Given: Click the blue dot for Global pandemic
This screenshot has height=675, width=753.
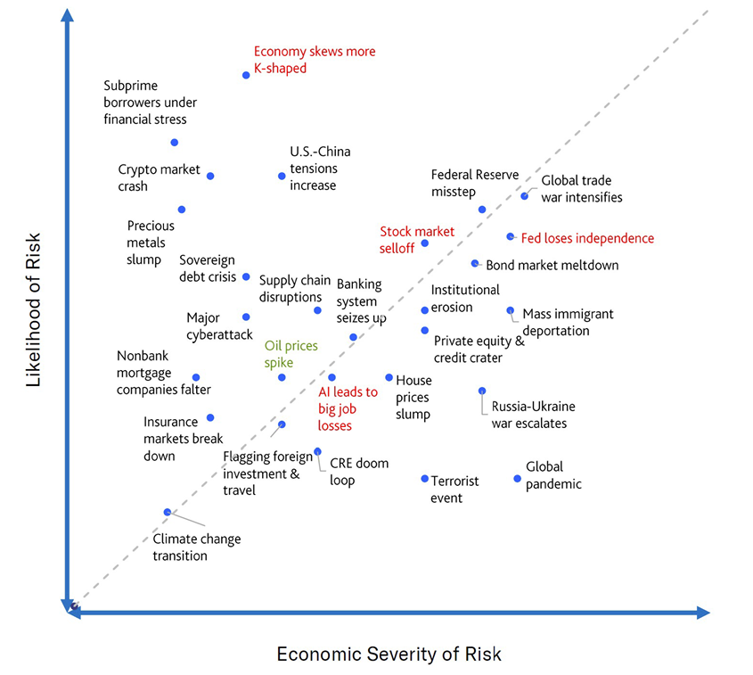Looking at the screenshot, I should click(517, 479).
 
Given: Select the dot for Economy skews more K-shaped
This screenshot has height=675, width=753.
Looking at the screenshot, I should click(246, 75).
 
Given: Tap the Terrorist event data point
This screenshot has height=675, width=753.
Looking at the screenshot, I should click(424, 479).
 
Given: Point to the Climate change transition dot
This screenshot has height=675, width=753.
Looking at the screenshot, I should click(168, 512).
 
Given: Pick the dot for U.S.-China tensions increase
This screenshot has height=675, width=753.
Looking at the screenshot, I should click(282, 176).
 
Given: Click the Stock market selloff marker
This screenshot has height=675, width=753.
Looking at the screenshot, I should click(424, 243).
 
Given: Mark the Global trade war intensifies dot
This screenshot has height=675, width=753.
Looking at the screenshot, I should click(525, 196).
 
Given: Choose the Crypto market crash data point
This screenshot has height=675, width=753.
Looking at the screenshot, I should click(210, 176).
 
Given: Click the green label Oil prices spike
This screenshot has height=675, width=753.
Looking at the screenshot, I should click(291, 354).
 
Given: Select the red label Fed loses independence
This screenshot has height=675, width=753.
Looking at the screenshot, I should click(587, 238).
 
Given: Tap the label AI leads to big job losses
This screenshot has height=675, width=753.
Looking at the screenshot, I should click(348, 408).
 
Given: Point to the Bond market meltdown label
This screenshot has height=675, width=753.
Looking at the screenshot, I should click(552, 265).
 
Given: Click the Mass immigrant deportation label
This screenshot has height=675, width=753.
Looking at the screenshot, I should click(568, 322).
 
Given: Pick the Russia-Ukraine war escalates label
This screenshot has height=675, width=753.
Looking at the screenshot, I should click(533, 415).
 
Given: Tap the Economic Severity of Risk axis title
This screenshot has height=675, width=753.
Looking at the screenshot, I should click(389, 654).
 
